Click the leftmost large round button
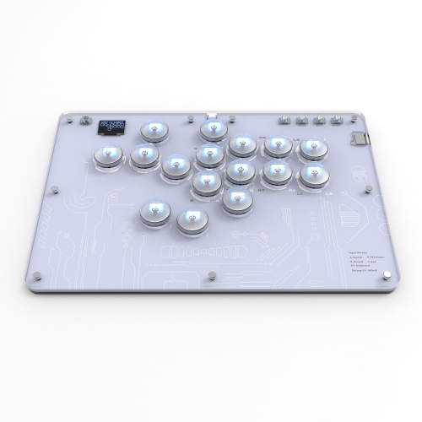click(x=106, y=155)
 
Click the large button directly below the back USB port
click(x=213, y=129)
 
